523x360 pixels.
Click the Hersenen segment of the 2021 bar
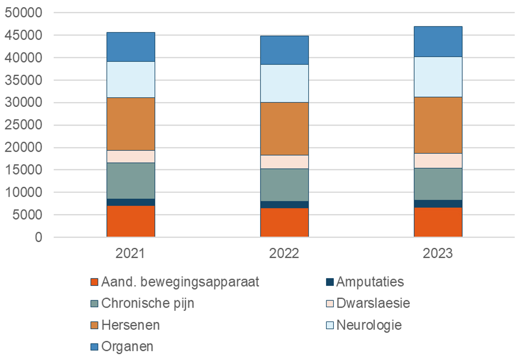pos(131,124)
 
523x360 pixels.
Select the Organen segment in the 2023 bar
pos(438,41)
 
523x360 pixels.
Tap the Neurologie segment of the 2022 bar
pos(284,83)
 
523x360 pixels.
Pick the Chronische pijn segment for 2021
pos(131,180)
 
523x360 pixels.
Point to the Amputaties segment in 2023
pos(438,204)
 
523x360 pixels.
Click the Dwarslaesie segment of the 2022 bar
pos(284,162)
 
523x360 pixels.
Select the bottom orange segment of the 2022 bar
pos(284,222)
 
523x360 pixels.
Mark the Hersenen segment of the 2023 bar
pos(438,125)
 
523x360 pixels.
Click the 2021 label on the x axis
pos(131,253)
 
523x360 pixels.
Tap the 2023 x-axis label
pos(438,253)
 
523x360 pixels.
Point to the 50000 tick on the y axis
pos(23,13)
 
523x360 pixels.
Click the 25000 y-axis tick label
pos(23,125)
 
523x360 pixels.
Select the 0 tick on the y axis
pos(38,237)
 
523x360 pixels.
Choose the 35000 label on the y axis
pos(23,80)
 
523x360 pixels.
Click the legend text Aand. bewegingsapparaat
pos(180,282)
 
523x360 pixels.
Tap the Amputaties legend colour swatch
pos(329,282)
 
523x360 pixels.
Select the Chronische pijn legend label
pos(148,304)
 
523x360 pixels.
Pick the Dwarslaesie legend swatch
pos(329,304)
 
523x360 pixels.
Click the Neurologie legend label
pos(369,325)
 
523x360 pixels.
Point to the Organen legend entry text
pos(128,347)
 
